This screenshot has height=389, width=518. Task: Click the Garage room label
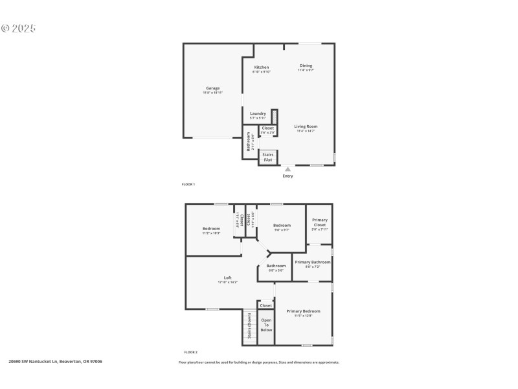(213, 88)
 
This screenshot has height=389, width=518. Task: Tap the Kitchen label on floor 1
(262, 67)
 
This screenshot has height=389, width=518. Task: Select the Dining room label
(306, 65)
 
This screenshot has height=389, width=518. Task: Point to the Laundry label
(258, 113)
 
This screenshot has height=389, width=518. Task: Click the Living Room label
(306, 126)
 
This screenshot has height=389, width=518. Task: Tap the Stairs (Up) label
(267, 157)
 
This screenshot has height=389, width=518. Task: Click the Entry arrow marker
(288, 169)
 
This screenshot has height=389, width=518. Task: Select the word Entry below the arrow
(288, 176)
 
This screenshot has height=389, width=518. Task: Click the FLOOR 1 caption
(188, 185)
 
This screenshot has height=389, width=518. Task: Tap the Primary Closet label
(320, 222)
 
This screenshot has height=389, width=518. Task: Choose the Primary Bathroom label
(313, 262)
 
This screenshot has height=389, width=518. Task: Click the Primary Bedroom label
(303, 312)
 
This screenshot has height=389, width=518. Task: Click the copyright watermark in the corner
(18, 29)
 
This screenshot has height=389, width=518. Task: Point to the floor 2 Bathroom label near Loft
(276, 266)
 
